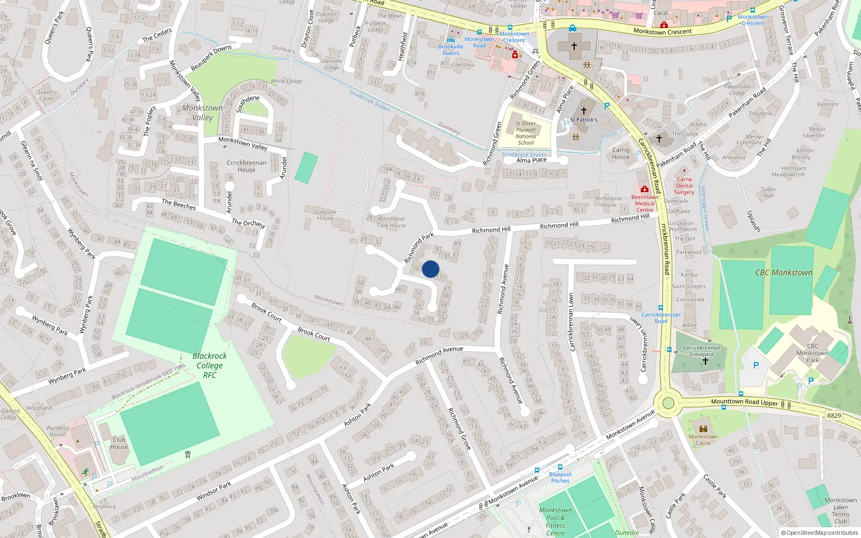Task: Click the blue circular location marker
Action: pos(430,269)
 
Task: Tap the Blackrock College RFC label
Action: pos(209,365)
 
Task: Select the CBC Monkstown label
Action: pos(784,273)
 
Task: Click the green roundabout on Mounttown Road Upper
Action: pos(668,403)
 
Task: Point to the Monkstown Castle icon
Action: pos(703,427)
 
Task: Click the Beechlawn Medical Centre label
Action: pos(645,203)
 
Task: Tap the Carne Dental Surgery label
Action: pos(684,186)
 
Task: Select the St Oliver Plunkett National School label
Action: pos(526,133)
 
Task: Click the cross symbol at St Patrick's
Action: pos(583,111)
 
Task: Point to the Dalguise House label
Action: pos(325,215)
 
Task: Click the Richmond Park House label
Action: pos(391,222)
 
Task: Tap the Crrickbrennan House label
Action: pos(246,166)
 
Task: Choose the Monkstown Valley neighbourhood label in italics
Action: pos(202,112)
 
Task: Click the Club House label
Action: pos(119,443)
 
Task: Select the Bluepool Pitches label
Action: pos(560,477)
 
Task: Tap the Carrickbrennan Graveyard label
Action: pos(701,351)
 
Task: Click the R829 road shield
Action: pos(834,415)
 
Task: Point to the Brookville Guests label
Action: pos(451,49)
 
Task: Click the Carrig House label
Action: pos(620,153)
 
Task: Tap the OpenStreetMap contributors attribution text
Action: pos(820,533)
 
